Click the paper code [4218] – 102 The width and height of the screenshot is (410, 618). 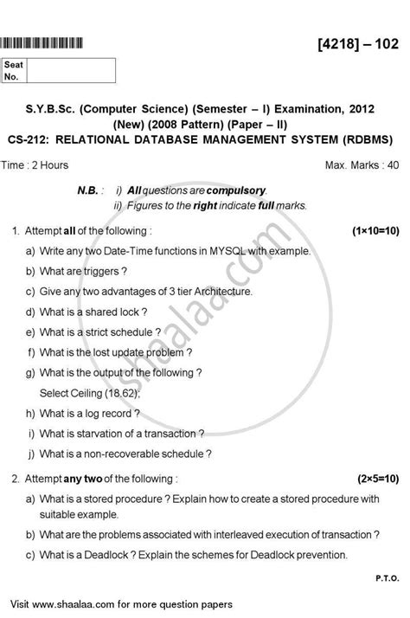coord(355,42)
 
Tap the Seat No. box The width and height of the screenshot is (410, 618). coord(60,70)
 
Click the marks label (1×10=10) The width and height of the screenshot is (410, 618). coord(375,232)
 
